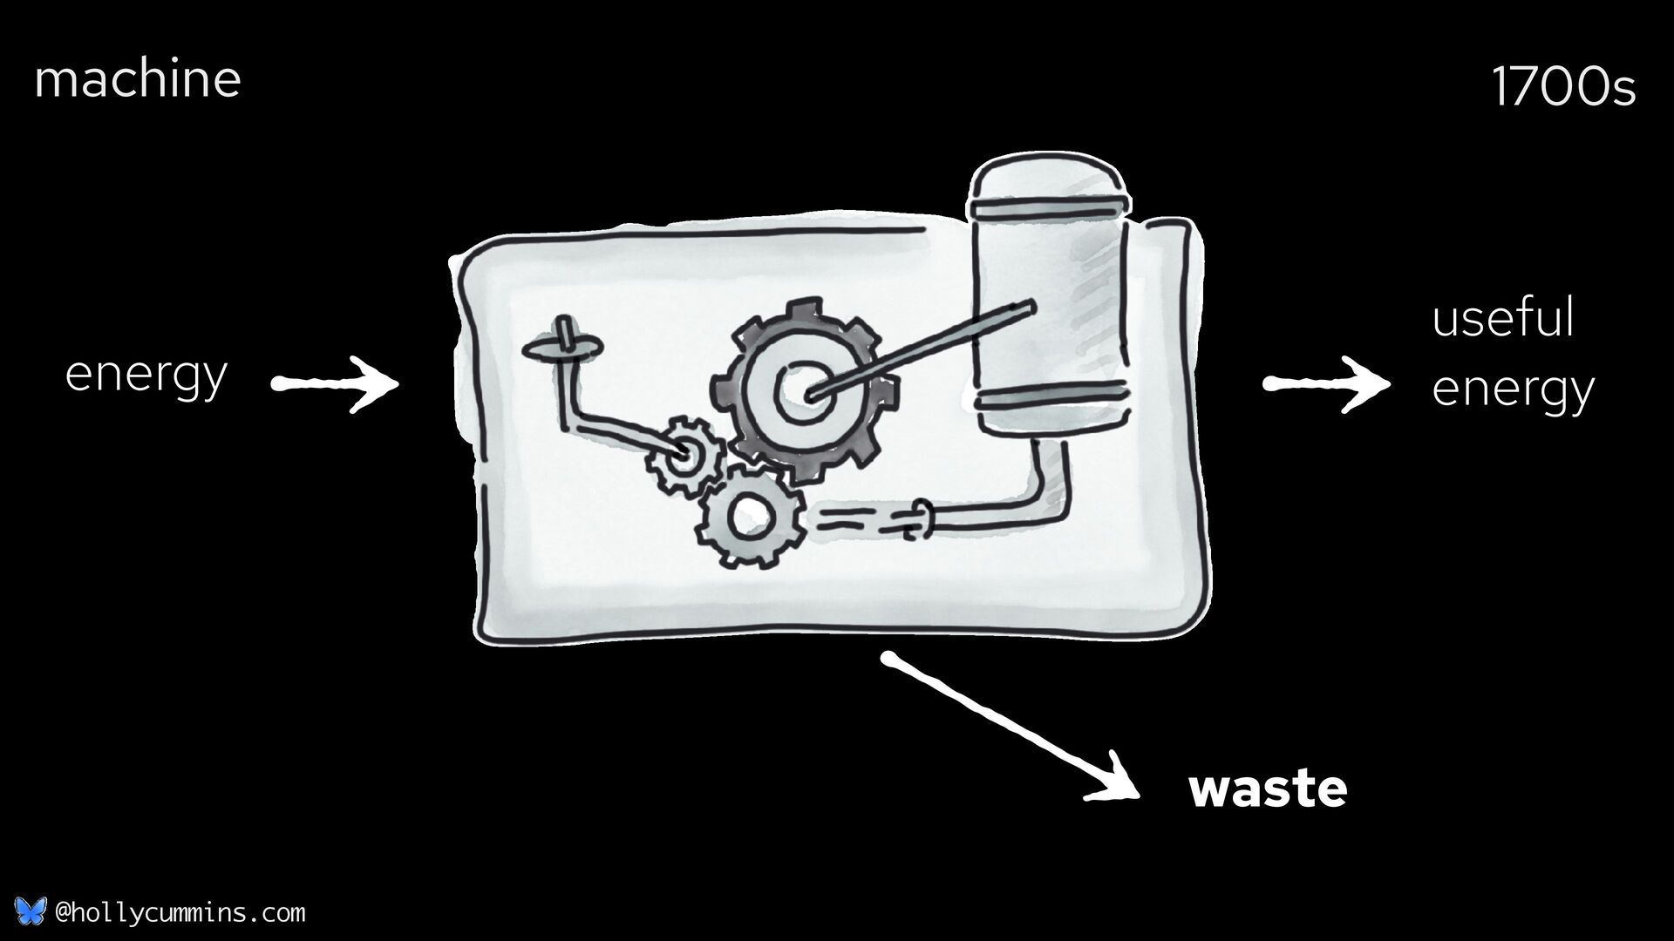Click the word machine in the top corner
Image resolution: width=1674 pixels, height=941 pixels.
[x=137, y=79]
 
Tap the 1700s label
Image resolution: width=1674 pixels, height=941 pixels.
[x=1563, y=88]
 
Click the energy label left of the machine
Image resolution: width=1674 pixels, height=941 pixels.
[x=146, y=375]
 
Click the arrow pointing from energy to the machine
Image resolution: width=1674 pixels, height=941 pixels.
[x=336, y=383]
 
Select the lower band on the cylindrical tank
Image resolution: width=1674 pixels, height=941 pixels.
[x=1052, y=400]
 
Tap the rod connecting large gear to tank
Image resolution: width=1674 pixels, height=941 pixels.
[x=924, y=349]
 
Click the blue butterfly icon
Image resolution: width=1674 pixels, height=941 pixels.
[x=30, y=912]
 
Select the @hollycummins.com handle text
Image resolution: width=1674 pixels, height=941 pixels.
[x=180, y=913]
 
